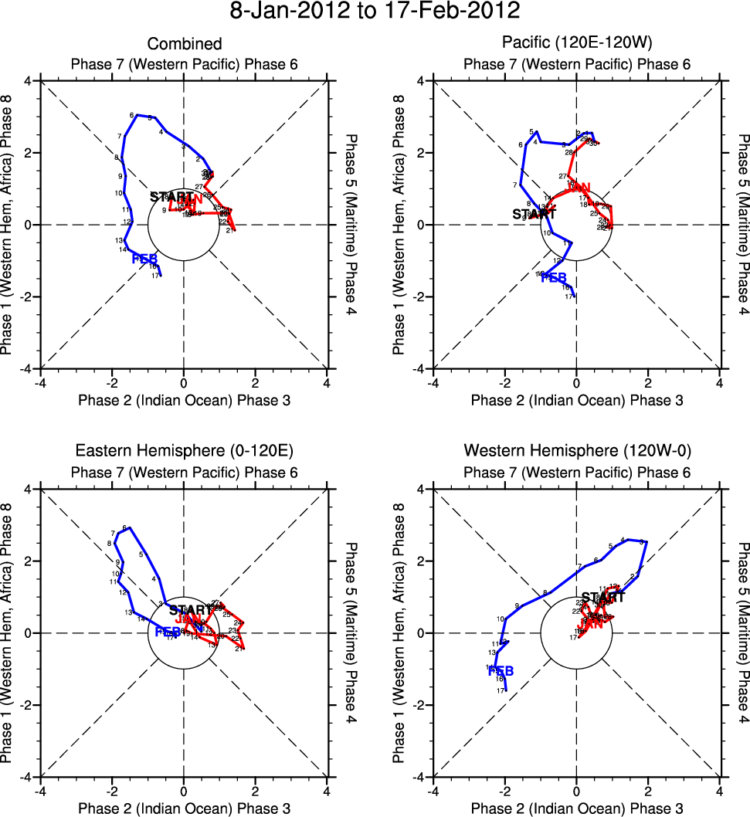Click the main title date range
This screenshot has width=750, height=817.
click(375, 12)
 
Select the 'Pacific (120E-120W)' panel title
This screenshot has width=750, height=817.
click(576, 45)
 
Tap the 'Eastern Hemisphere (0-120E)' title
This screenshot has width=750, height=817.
click(184, 450)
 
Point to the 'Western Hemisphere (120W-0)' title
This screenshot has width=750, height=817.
click(576, 450)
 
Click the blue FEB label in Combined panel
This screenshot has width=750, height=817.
click(144, 258)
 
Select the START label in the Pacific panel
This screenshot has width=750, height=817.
click(534, 214)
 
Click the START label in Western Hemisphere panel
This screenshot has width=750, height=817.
click(603, 597)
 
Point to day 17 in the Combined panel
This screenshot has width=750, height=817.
click(155, 276)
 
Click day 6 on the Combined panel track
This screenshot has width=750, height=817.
click(132, 115)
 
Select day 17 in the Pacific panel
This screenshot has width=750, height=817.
click(568, 297)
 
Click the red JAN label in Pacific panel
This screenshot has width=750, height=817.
click(579, 187)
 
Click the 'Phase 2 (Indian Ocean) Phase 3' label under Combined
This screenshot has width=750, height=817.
click(184, 399)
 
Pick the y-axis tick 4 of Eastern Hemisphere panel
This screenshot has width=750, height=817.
click(29, 490)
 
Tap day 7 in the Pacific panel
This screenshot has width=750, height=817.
click(514, 185)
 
